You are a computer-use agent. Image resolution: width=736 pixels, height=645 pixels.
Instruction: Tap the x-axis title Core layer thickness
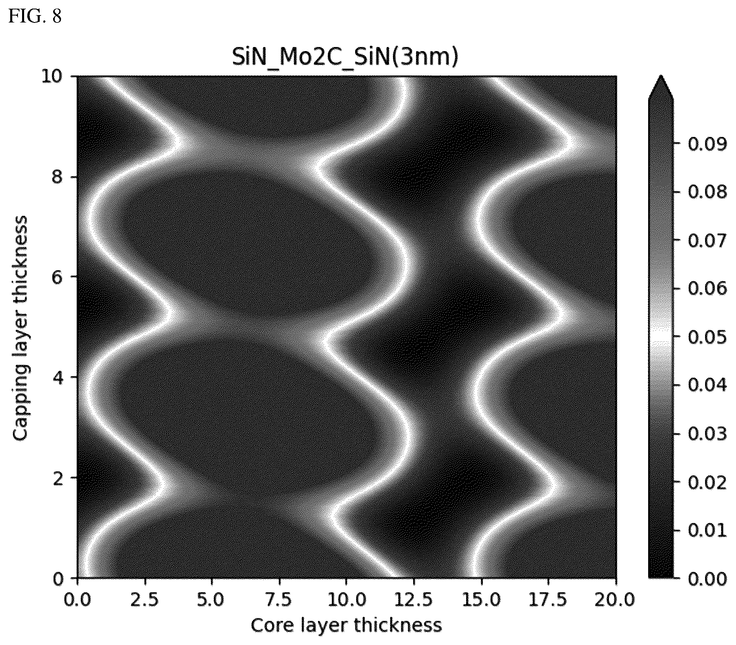click(x=346, y=625)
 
